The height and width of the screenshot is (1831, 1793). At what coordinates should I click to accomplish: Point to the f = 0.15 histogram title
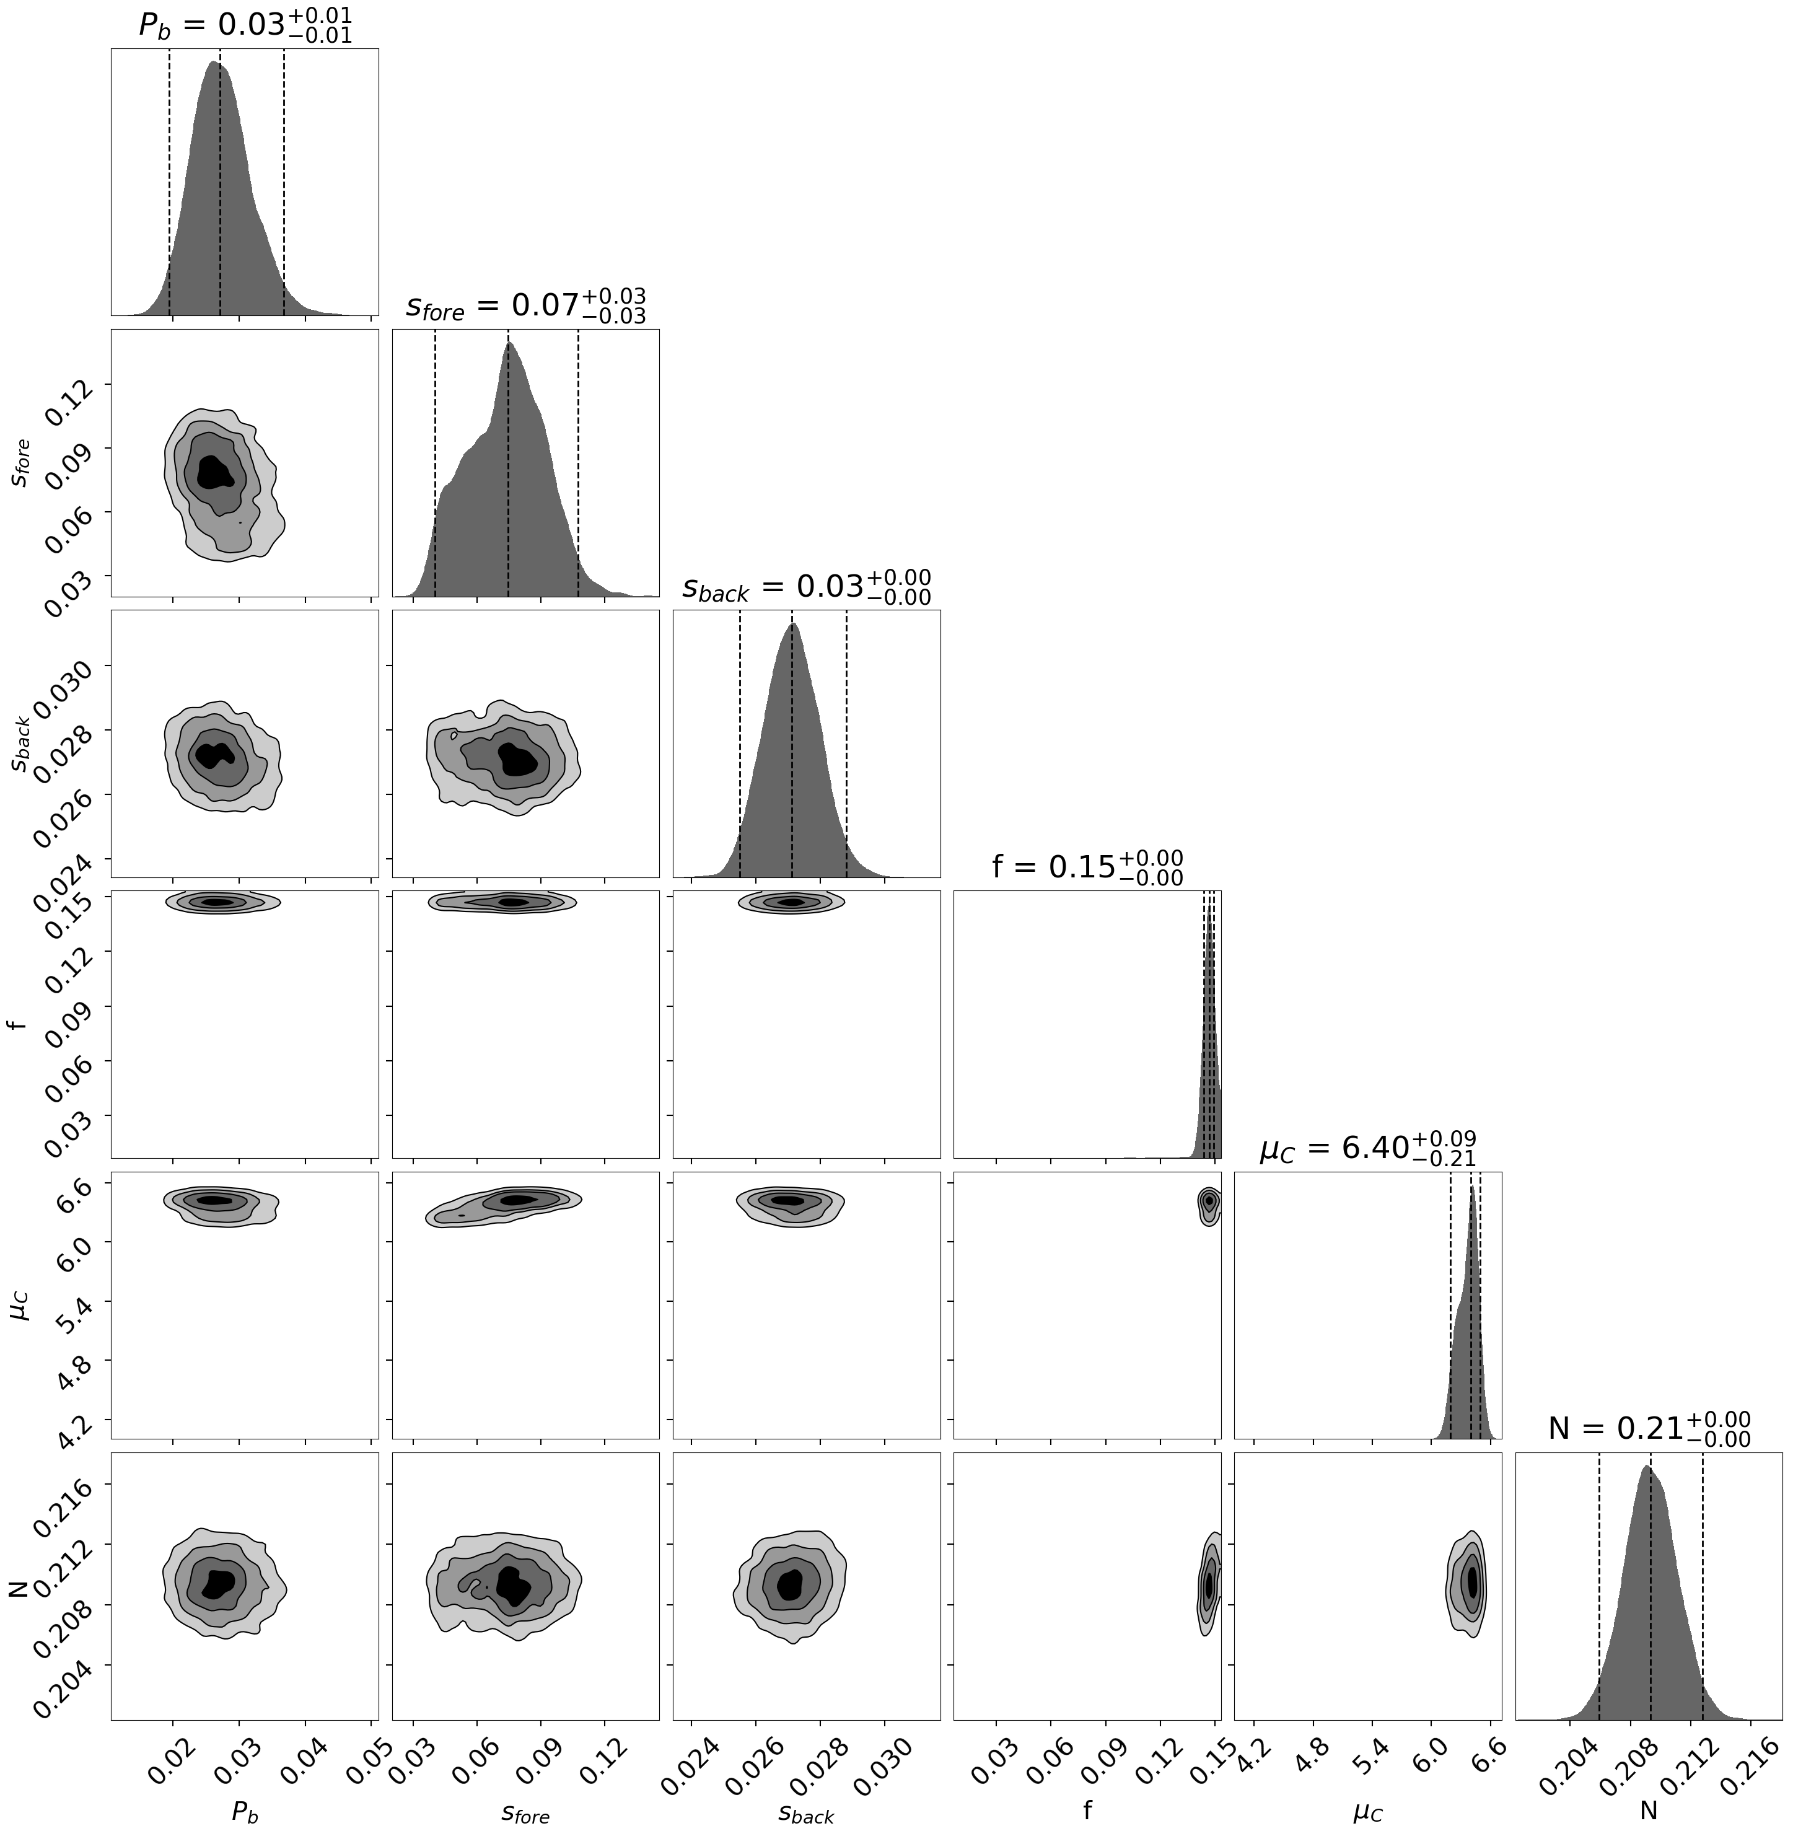pyautogui.click(x=1087, y=866)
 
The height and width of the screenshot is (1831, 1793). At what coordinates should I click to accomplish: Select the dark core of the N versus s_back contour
pyautogui.click(x=792, y=1584)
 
